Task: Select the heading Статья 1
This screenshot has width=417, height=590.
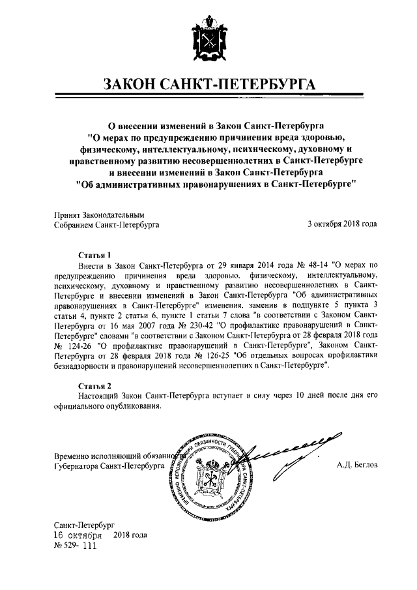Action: [95, 254]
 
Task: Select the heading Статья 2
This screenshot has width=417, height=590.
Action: [95, 385]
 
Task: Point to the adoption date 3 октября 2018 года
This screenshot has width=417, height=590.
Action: [342, 224]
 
